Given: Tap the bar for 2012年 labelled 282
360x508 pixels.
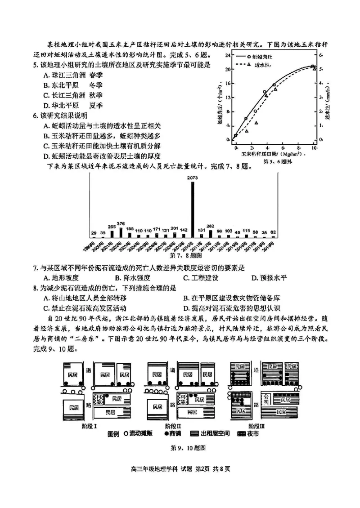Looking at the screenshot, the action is pos(210,234).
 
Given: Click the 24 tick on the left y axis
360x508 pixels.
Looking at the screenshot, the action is pos(228,55).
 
